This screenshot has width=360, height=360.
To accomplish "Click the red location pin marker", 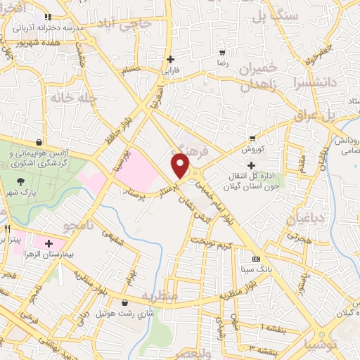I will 181,166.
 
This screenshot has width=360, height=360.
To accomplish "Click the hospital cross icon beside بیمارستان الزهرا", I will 49,244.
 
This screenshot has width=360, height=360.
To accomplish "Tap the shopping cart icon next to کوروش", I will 252,139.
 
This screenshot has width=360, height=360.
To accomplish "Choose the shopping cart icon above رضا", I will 222,53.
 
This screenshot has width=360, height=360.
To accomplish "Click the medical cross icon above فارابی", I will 169,59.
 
